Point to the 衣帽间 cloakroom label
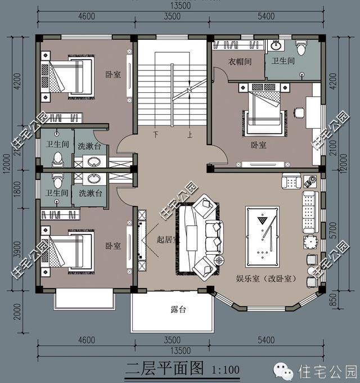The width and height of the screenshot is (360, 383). (x=238, y=61)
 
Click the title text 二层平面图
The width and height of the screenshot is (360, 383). (x=164, y=369)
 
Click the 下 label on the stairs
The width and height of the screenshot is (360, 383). (x=155, y=135)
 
